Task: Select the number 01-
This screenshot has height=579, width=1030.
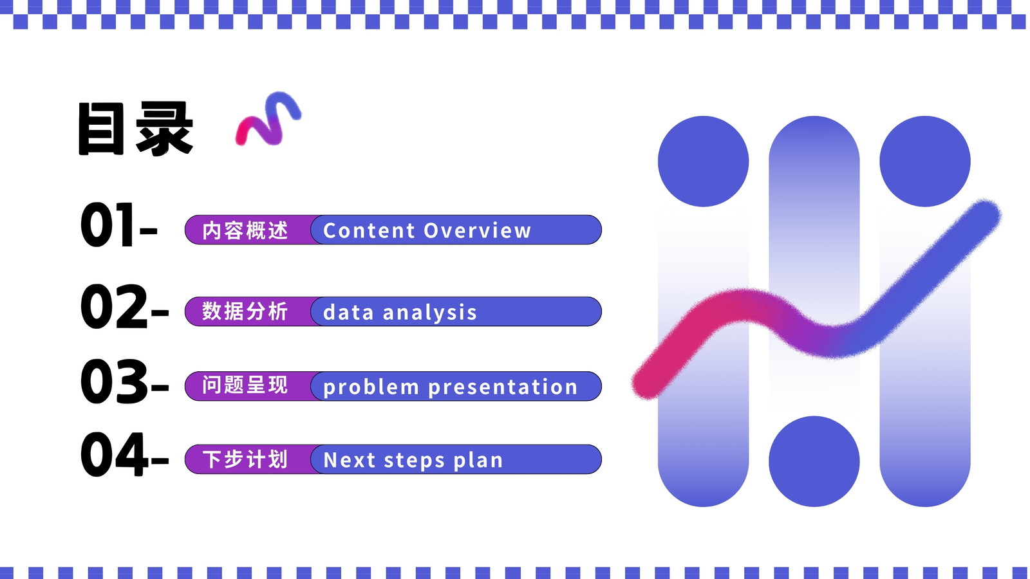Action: pos(119,225)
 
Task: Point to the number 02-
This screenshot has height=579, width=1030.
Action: pos(125,306)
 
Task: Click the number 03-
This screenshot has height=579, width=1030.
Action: pos(125,381)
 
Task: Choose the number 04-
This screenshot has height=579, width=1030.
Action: pos(125,454)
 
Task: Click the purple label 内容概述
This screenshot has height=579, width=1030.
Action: pos(245,230)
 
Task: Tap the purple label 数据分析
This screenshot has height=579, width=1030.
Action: pos(245,311)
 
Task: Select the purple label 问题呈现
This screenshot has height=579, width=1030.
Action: pos(245,385)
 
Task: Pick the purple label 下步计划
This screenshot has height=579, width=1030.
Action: pos(245,459)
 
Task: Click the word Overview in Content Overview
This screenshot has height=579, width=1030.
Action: pos(477,231)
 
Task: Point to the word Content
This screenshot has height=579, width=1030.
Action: pos(369,231)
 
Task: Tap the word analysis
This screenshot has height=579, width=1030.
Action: pos(430,313)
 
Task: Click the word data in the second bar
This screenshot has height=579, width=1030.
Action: pos(348,313)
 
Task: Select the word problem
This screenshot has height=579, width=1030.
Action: pos(371,387)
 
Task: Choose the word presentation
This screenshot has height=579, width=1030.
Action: pos(503,387)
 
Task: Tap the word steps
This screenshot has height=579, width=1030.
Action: pos(415,461)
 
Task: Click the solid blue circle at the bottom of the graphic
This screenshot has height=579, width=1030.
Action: pos(814,461)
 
